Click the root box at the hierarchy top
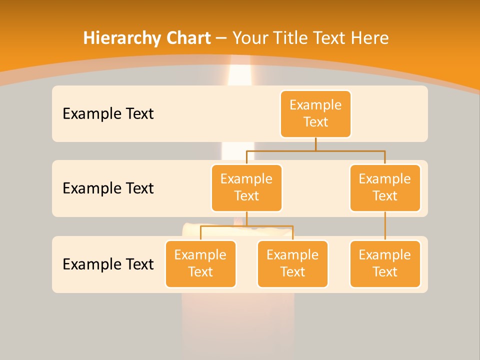[x=315, y=113]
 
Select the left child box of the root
[x=246, y=187]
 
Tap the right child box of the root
[x=385, y=187]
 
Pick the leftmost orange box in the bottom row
[x=200, y=263]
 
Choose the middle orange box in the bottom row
[x=292, y=263]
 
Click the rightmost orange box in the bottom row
[x=385, y=263]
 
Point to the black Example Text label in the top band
[x=108, y=114]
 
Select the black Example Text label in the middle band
[x=108, y=188]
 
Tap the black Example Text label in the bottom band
[x=108, y=264]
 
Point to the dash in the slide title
[x=221, y=38]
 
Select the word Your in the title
[x=249, y=38]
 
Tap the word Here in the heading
[x=370, y=38]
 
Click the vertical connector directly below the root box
[x=315, y=144]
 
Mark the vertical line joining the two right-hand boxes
[x=385, y=226]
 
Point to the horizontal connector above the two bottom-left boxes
[x=270, y=226]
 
